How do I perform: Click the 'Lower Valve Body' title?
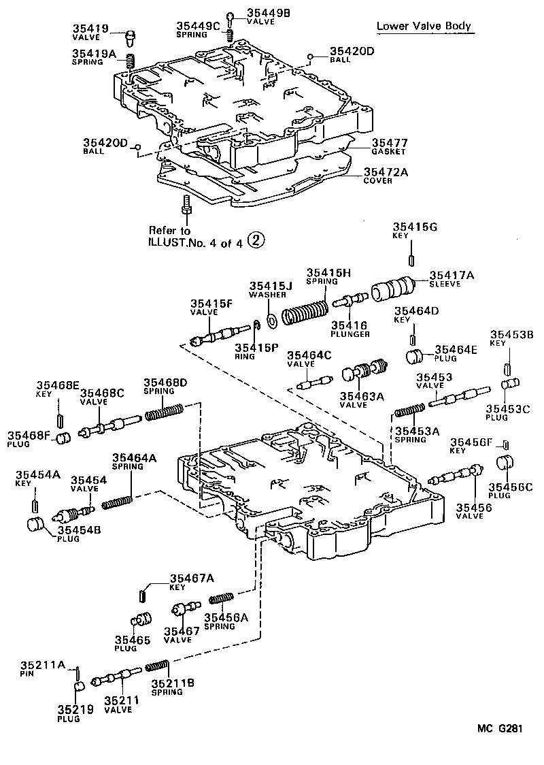coord(424,27)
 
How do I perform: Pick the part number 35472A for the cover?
coord(386,173)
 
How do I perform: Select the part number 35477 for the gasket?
coord(389,143)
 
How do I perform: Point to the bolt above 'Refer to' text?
coord(186,205)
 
